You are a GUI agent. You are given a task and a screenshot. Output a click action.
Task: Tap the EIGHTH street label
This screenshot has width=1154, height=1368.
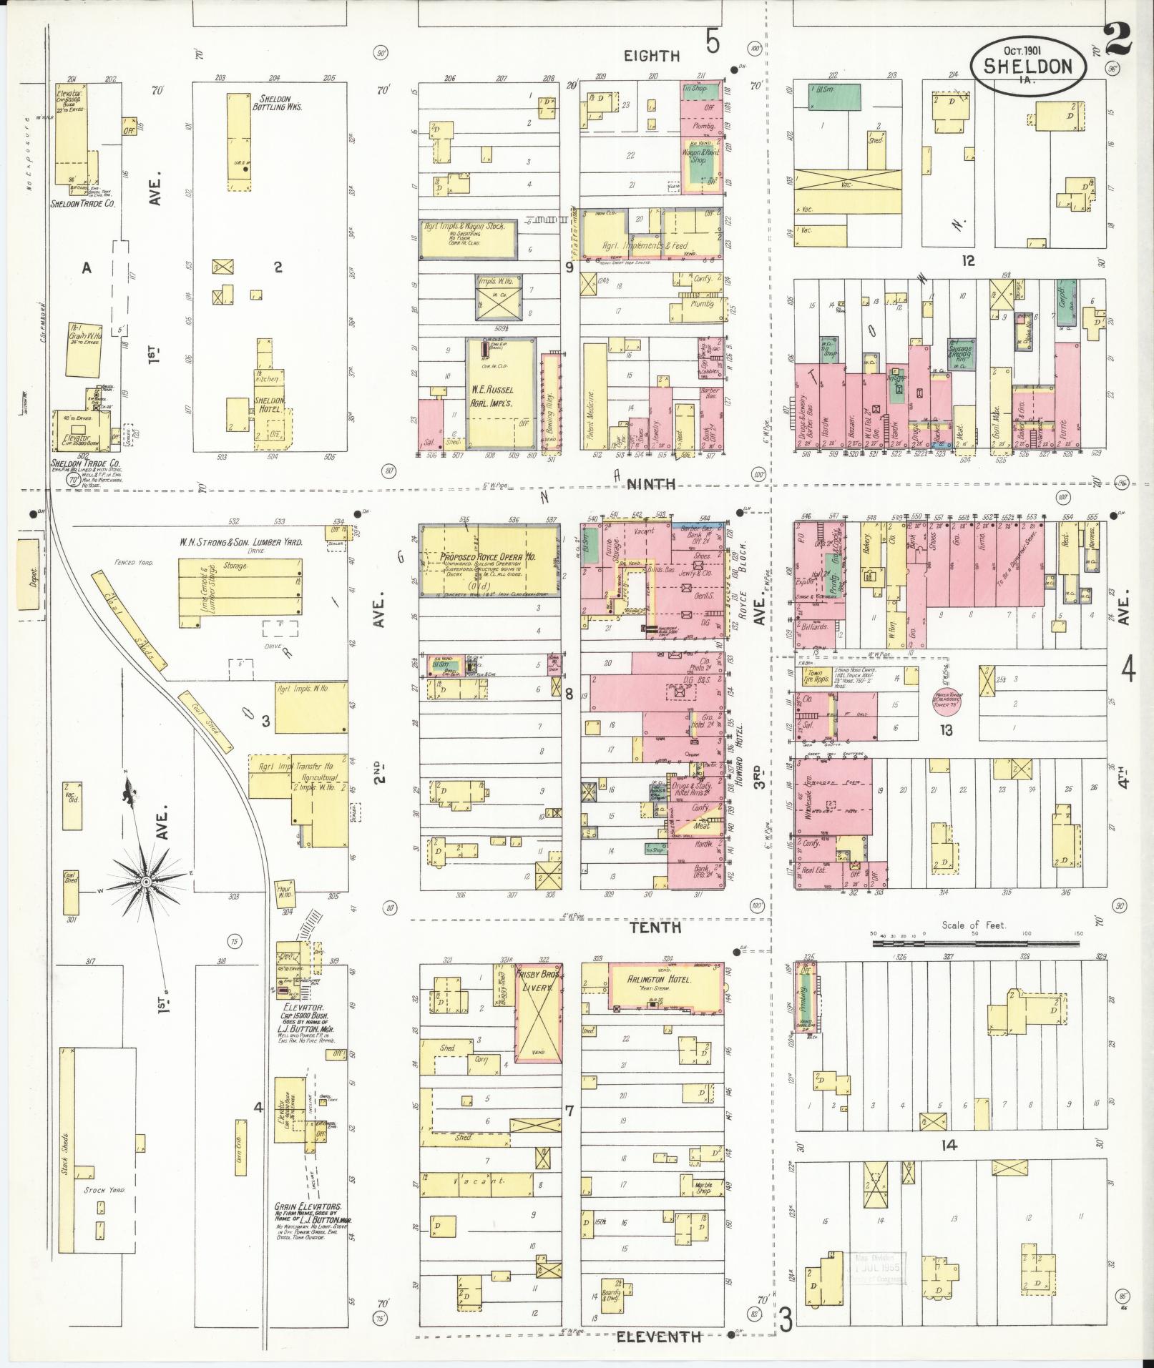[x=650, y=56]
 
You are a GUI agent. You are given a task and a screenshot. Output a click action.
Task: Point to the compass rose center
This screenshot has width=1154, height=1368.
[x=145, y=882]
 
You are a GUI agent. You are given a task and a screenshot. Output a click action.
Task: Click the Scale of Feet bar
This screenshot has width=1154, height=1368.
[x=974, y=943]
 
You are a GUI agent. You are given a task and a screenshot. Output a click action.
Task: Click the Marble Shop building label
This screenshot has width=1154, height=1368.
[x=703, y=1186]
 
